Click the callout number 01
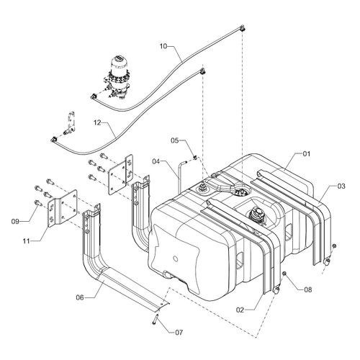pos(306,154)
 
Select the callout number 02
pos(240,310)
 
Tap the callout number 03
pos(341,186)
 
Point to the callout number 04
pos(156,161)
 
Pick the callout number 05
pos(175,140)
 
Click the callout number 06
pos(80,297)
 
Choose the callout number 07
pos(179,333)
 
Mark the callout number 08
pos(308,290)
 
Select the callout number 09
pos(15,222)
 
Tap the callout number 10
pos(163,46)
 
